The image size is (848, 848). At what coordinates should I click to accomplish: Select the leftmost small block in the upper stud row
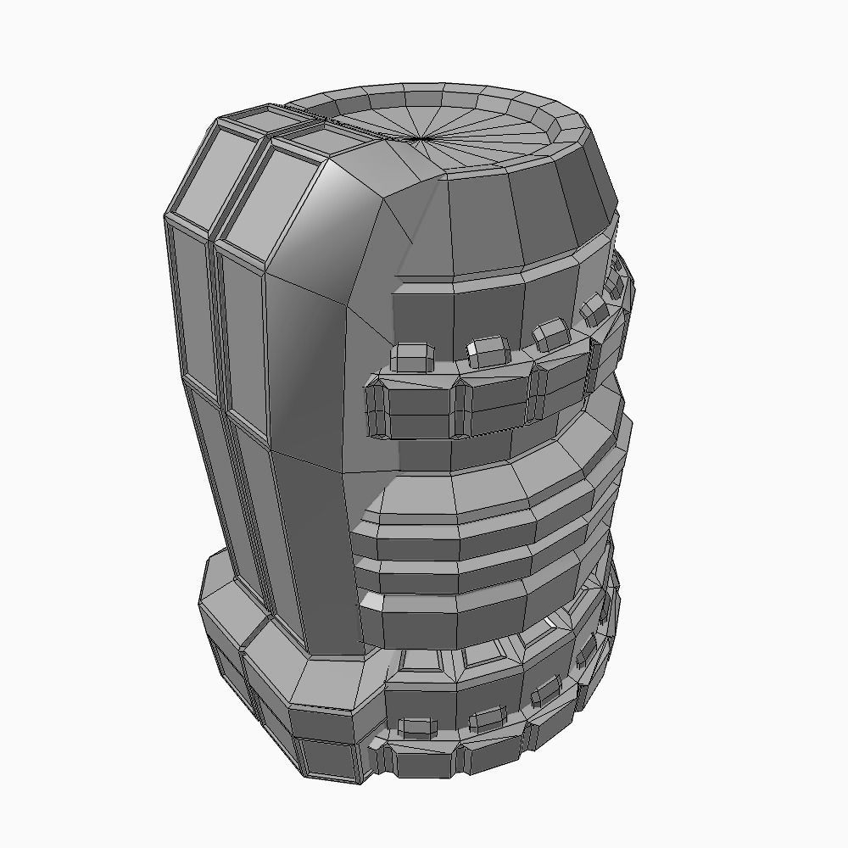click(414, 356)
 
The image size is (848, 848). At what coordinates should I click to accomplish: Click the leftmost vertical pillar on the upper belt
click(375, 410)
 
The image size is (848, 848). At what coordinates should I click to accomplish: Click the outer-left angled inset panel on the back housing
click(203, 178)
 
